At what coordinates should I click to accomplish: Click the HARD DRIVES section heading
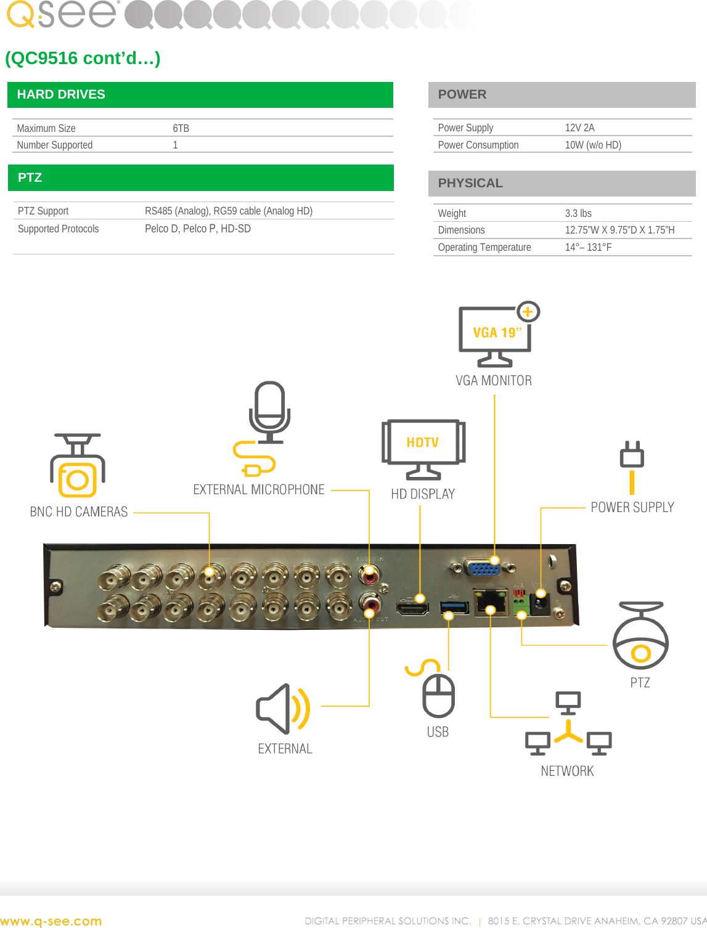click(61, 95)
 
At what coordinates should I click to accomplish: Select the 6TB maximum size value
click(181, 128)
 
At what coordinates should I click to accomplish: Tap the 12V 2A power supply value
click(579, 128)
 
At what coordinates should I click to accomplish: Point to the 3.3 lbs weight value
click(578, 213)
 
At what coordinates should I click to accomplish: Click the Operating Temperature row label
click(484, 247)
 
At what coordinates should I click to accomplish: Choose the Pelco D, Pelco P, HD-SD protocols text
click(197, 229)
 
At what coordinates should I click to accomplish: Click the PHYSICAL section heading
click(470, 183)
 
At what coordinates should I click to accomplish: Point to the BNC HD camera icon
click(78, 466)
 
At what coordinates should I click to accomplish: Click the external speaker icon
click(282, 709)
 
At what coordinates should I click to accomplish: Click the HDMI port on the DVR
click(412, 608)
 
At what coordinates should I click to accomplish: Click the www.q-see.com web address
click(51, 921)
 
